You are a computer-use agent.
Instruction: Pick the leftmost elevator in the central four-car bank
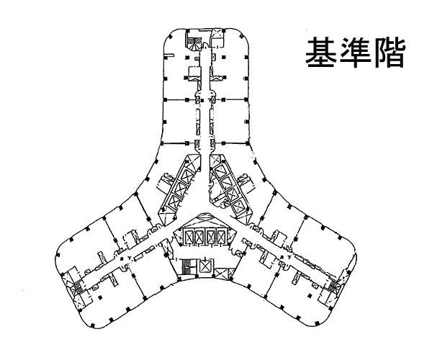click(189, 237)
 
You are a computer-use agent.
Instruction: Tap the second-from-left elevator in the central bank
click(200, 237)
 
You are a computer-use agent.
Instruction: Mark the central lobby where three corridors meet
click(207, 216)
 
